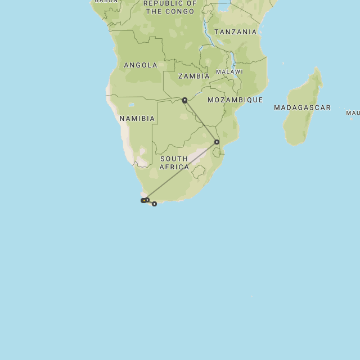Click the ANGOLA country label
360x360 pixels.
pos(141,65)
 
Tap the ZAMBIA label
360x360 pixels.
pos(193,76)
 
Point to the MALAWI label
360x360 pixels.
pos(229,72)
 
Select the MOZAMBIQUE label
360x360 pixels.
pos(235,100)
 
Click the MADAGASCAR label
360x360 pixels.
pos(302,107)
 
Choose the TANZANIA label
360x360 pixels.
pos(235,32)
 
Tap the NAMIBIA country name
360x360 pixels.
pos(137,119)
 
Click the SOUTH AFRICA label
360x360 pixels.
pos(174,163)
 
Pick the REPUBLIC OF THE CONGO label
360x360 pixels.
pos(170,7)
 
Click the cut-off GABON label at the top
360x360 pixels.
pos(106,2)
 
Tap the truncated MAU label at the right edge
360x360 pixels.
pos(353,113)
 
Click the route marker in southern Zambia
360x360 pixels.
pos(184,100)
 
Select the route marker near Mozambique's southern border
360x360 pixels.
pos(217,142)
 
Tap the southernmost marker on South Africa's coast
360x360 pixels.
pos(154,204)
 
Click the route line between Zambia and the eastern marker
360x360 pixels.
pos(200,121)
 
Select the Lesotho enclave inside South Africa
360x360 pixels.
pos(198,172)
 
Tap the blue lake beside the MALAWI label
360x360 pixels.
pos(233,58)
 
